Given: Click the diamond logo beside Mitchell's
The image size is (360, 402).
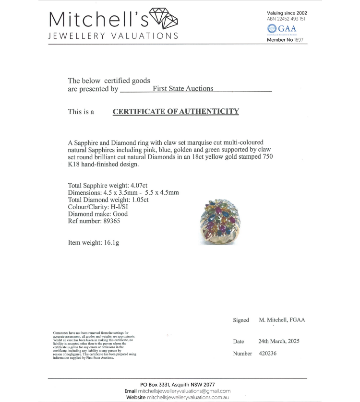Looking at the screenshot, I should [x=164, y=19].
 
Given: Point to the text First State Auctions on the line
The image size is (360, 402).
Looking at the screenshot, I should [x=183, y=88].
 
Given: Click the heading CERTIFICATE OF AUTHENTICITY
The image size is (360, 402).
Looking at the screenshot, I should [x=176, y=112].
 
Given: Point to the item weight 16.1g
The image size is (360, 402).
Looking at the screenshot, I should [x=109, y=242].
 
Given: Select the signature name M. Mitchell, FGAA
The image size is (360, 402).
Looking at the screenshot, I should [x=282, y=320].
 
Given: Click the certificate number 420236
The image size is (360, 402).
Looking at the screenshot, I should [x=267, y=354].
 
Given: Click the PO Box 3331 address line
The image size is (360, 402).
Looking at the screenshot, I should [x=178, y=385].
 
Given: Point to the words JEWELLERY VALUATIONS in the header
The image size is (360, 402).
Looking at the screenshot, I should [x=113, y=36].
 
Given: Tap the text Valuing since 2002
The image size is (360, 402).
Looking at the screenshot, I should [x=287, y=13].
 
